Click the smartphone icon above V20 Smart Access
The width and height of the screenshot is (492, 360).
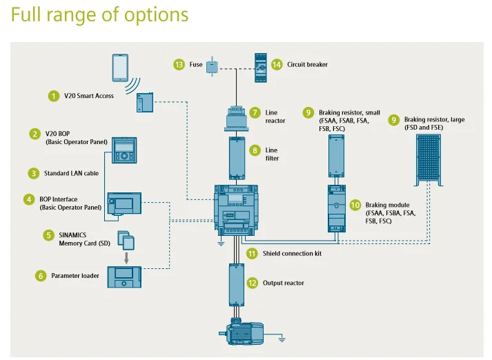(x=120, y=68)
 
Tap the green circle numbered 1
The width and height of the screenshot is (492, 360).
(x=54, y=96)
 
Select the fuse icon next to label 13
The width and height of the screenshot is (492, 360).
(x=212, y=66)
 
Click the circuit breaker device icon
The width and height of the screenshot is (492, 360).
(x=261, y=68)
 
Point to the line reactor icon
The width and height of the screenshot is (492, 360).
(x=237, y=119)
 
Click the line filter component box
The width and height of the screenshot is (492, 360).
(x=237, y=159)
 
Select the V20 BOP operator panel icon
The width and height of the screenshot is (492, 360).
(x=124, y=150)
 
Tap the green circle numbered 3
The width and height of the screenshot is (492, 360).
(x=34, y=173)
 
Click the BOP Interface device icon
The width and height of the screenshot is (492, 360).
(x=124, y=203)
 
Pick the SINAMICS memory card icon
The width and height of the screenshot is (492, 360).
(x=126, y=240)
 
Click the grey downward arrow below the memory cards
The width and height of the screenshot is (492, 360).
(x=126, y=258)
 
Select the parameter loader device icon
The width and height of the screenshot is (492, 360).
(x=124, y=277)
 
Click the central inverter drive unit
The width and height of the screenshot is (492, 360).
(x=236, y=210)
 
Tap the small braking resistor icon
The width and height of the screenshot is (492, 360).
(x=336, y=156)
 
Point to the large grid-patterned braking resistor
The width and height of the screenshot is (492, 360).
(x=429, y=160)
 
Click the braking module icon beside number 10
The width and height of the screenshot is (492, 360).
(x=337, y=208)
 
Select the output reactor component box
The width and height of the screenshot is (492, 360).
(x=237, y=285)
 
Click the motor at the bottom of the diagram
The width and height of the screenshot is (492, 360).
(x=242, y=332)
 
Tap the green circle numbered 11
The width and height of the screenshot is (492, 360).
(x=252, y=253)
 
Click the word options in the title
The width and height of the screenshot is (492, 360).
(x=156, y=14)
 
